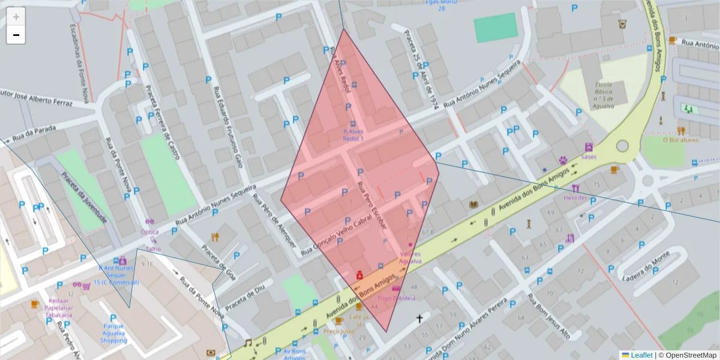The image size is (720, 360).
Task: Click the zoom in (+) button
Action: click(x=16, y=17)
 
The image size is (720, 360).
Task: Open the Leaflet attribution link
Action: click(x=641, y=355)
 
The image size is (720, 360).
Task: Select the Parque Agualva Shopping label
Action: click(x=113, y=334)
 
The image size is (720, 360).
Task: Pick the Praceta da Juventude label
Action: click(x=83, y=197)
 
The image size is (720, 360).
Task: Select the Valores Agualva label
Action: click(x=410, y=257)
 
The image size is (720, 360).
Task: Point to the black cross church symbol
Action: click(x=419, y=319)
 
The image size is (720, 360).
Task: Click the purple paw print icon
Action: click(x=563, y=161)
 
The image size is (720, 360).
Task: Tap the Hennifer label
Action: click(x=575, y=197)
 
